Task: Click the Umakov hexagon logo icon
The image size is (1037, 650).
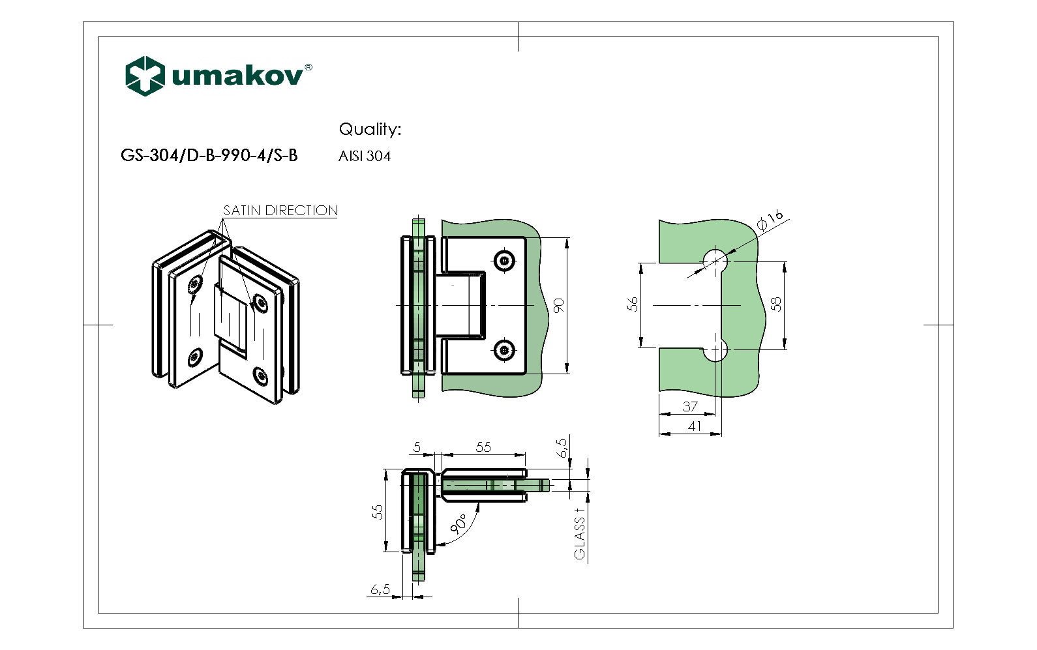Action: point(144,76)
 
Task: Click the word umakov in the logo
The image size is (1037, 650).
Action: point(237,76)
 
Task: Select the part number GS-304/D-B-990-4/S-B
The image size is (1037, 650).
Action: point(209,155)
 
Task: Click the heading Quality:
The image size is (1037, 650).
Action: point(370,129)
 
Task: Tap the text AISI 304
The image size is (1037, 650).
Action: point(364,156)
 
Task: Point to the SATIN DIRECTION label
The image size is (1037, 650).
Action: point(280,211)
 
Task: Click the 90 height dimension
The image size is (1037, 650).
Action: point(559,305)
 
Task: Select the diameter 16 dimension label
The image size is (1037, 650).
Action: point(770,220)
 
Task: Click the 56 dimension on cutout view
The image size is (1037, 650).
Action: point(633,304)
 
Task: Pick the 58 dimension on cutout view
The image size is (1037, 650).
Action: point(776,304)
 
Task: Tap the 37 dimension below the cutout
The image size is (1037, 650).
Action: point(690,406)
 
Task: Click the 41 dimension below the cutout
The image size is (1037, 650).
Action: point(695,426)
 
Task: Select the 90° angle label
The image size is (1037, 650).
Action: point(458,523)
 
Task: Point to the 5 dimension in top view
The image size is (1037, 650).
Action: point(417,447)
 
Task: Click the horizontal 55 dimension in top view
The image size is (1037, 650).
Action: point(483,447)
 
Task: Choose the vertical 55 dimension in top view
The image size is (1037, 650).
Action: point(378,512)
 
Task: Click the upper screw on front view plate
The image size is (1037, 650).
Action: point(504,261)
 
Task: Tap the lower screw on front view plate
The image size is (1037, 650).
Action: point(504,350)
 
